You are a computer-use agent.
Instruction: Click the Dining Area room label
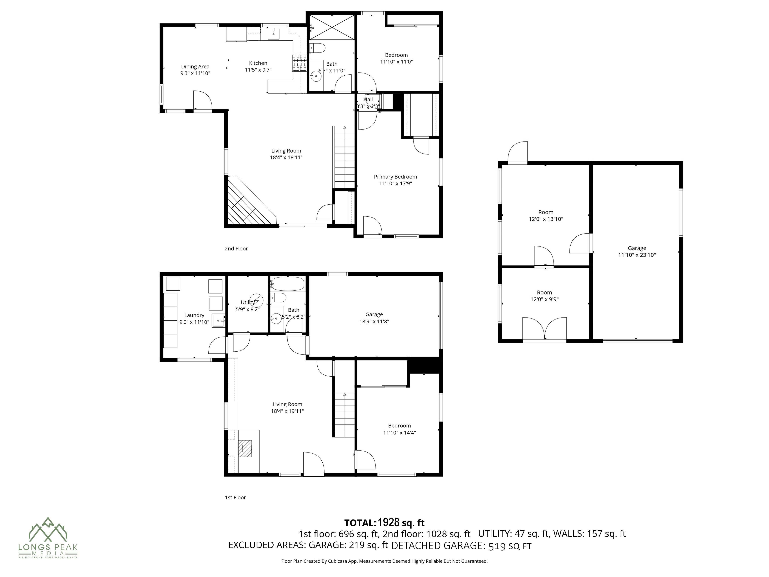pos(195,66)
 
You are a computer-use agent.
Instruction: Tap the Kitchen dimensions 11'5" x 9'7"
pos(258,70)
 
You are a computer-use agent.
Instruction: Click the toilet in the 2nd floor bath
pos(317,48)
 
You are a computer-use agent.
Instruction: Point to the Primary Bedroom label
pos(395,177)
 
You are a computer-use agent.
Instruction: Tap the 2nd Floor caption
pos(236,248)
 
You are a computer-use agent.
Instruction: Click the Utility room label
pos(248,302)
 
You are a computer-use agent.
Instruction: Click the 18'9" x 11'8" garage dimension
pos(374,321)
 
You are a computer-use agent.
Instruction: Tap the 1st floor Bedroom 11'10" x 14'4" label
pos(399,429)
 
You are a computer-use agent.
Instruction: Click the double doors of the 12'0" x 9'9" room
pos(544,329)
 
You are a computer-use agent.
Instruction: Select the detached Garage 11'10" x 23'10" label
pos(637,251)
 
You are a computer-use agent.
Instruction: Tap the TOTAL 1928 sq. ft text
pos(384,523)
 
